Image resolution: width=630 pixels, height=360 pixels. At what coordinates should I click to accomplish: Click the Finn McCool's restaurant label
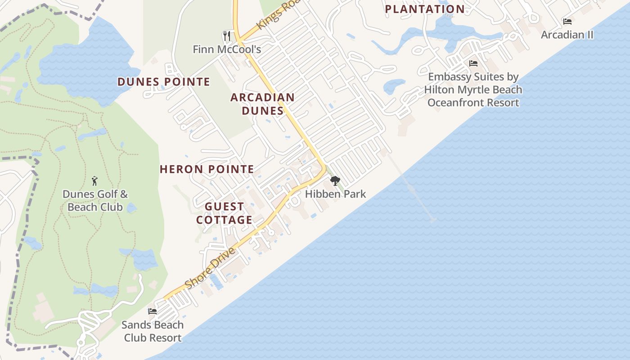227,49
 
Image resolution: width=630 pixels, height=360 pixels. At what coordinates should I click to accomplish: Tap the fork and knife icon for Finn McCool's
227,36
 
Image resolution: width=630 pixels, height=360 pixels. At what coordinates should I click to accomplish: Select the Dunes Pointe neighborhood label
164,82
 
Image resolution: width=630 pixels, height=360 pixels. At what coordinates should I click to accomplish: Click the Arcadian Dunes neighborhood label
263,104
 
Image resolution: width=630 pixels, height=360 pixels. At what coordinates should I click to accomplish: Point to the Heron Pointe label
207,170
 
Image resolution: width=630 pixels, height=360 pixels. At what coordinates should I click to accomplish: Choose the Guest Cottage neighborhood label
224,213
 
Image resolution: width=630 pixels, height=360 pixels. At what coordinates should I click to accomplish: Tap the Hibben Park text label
335,194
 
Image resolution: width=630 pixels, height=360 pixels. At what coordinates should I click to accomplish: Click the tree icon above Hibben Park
335,181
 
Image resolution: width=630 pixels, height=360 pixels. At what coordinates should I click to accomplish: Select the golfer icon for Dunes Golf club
94,181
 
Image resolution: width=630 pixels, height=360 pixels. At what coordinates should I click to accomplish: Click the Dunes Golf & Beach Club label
95,201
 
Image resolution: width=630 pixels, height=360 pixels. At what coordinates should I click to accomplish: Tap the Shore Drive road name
210,269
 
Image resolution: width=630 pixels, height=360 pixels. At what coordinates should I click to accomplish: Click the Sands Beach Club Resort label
153,331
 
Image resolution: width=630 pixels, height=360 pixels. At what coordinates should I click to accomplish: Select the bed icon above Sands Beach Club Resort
153,311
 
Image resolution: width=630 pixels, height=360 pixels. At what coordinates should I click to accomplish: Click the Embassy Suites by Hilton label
473,90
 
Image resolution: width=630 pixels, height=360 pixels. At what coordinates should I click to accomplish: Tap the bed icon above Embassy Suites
473,63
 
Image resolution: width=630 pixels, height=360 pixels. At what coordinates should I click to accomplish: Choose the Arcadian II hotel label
567,35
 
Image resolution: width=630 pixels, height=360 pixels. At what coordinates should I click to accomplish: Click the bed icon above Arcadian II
567,22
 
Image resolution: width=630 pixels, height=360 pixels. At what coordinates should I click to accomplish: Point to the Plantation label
425,9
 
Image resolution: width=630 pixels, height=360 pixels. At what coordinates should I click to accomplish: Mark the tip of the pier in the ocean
432,220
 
